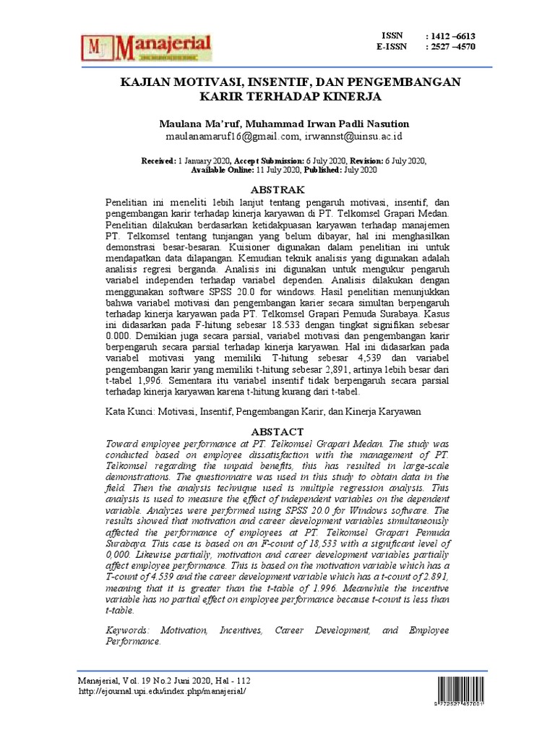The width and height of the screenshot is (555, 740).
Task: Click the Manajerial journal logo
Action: click(148, 47)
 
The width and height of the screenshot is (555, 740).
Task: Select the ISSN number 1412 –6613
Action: click(452, 36)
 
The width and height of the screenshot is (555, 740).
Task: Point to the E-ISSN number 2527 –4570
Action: click(452, 48)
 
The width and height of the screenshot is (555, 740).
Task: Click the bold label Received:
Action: click(159, 160)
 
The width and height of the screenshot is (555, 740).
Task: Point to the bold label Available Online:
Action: click(222, 170)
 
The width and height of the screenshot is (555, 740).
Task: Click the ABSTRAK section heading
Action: click(277, 189)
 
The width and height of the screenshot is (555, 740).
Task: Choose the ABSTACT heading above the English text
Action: click(277, 431)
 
